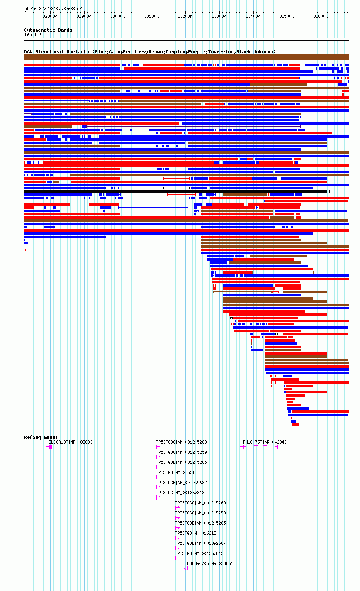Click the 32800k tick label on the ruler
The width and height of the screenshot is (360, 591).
[x=50, y=16]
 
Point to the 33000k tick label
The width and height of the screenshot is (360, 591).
[x=117, y=16]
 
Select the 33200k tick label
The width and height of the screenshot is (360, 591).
[x=185, y=16]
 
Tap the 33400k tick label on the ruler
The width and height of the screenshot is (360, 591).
[x=253, y=16]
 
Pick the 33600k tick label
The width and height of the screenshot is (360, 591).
[x=320, y=16]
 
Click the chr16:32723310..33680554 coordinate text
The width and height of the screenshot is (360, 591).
[x=53, y=9]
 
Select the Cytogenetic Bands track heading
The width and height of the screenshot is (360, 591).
[x=48, y=30]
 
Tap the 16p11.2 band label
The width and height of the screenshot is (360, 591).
[x=33, y=35]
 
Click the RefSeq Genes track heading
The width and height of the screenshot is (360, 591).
[x=41, y=437]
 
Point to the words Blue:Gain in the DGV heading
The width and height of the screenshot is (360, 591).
[x=108, y=52]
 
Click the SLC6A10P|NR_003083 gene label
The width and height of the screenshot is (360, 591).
[x=70, y=442]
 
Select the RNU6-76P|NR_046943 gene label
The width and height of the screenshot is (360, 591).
[x=265, y=442]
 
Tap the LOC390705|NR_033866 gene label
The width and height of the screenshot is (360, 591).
[x=210, y=563]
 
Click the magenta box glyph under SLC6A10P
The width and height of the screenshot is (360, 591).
[x=51, y=447]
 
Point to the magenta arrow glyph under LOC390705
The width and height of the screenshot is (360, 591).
[x=186, y=568]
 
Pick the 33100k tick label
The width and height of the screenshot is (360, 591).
[x=151, y=16]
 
